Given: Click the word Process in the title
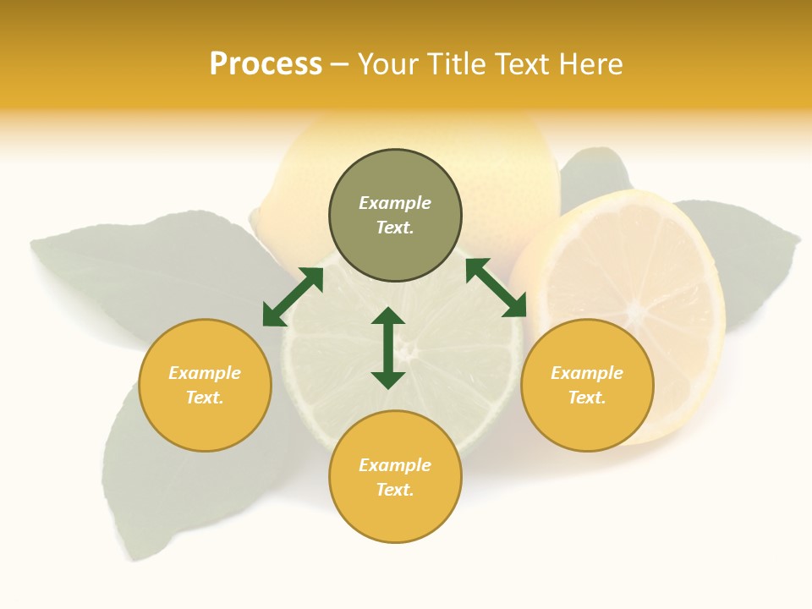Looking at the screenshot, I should pos(266,64).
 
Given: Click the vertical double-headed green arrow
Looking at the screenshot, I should pos(388,348).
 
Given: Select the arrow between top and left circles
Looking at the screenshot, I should pos(293,297).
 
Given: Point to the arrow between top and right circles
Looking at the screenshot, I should pos(496,288).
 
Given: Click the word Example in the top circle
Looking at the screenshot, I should pos(395,203).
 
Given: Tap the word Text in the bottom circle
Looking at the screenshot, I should pos(395,490).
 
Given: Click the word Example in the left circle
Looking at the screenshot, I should pos(205,373).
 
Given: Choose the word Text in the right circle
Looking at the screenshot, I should pos(587,398).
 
